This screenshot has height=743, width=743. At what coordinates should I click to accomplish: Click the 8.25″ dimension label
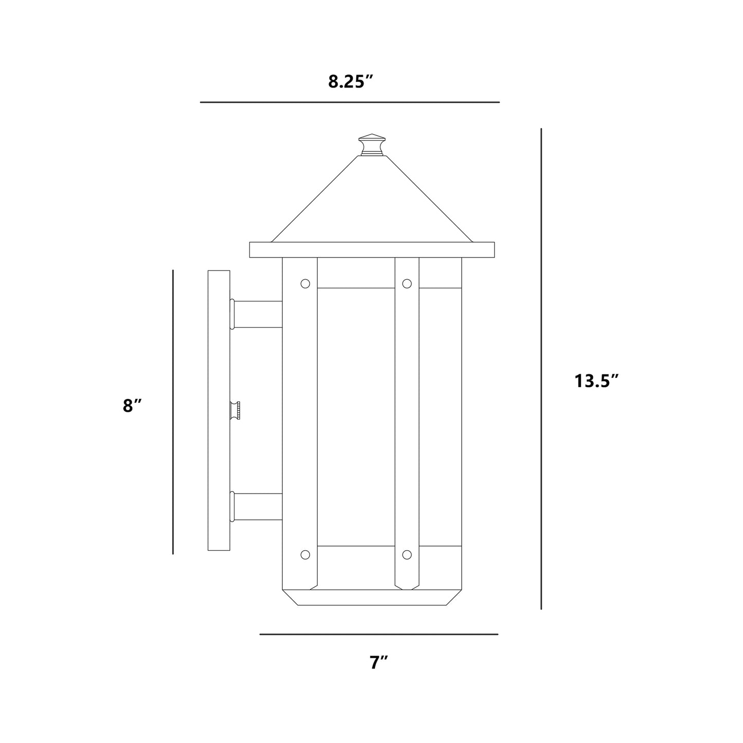tap(350, 82)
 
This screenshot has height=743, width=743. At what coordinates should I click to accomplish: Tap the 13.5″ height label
tap(596, 381)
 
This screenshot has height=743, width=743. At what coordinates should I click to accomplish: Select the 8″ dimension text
tap(132, 406)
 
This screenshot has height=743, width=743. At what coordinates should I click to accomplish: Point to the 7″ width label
tap(378, 662)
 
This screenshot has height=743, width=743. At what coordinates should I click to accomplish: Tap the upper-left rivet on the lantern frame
tap(305, 283)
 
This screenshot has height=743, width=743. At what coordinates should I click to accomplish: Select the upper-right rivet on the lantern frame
tap(407, 283)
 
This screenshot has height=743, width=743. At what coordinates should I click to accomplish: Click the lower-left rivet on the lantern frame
tap(305, 554)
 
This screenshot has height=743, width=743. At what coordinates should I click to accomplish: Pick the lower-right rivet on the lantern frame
tap(407, 554)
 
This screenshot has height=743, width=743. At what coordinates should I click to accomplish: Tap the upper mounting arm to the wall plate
tap(257, 314)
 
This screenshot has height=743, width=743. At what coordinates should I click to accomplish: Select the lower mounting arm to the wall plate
tap(257, 506)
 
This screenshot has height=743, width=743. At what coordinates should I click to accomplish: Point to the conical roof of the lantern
tap(372, 206)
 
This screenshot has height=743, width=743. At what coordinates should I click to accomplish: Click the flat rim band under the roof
tap(372, 249)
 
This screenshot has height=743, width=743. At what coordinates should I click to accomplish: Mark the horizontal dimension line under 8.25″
tap(350, 102)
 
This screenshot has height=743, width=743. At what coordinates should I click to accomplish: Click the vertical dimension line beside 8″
tap(173, 411)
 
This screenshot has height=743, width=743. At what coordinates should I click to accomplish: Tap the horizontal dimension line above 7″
tap(378, 634)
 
